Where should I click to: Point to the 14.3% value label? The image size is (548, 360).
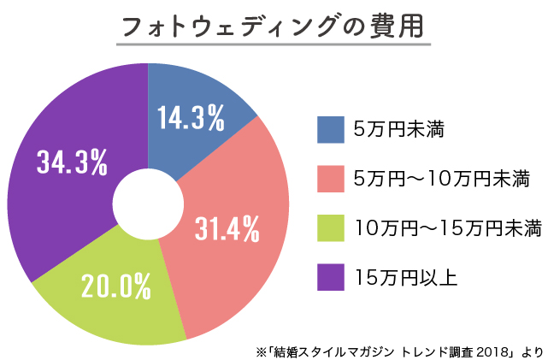pyautogui.click(x=191, y=117)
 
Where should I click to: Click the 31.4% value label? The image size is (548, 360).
pyautogui.click(x=227, y=228)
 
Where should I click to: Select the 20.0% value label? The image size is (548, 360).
pyautogui.click(x=116, y=286)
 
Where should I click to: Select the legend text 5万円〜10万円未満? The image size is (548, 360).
pyautogui.click(x=442, y=180)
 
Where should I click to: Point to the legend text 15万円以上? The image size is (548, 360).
pyautogui.click(x=405, y=278)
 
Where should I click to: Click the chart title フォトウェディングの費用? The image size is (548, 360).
pyautogui.click(x=274, y=26)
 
